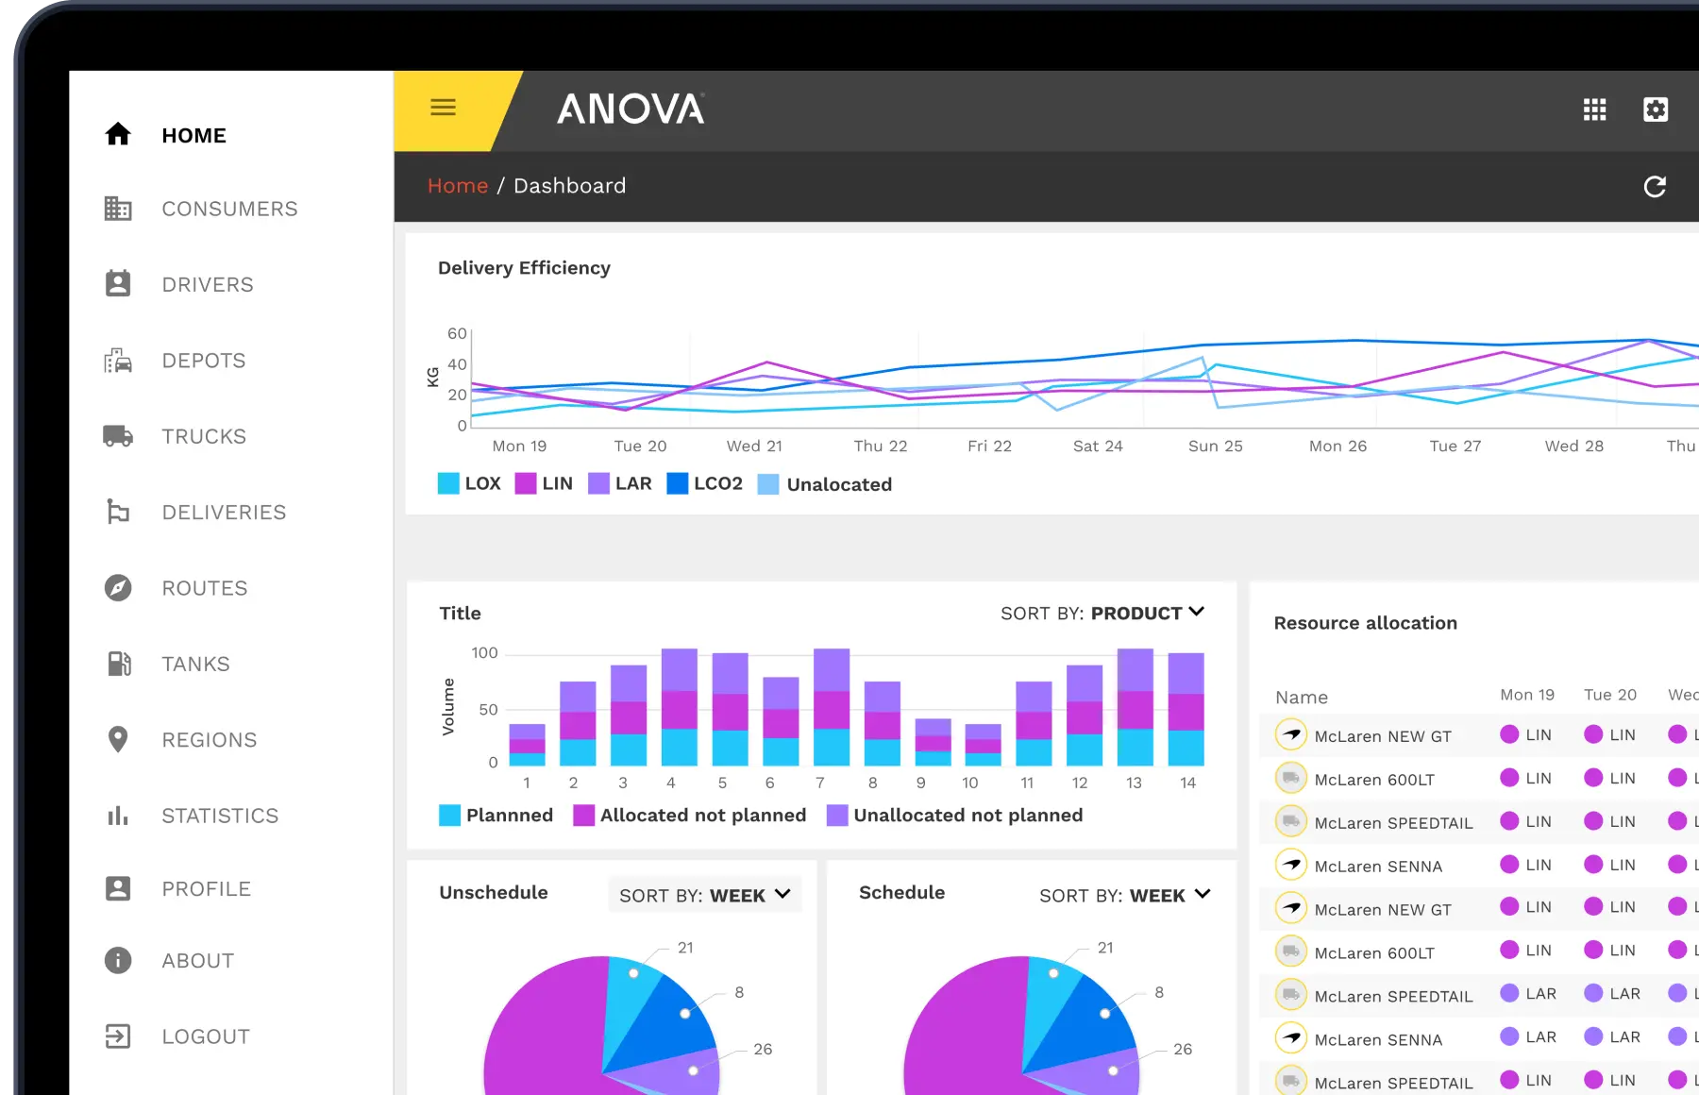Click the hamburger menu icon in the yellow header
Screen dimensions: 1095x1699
443,108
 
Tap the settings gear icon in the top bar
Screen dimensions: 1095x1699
1656,109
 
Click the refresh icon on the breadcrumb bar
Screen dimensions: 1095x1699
1655,187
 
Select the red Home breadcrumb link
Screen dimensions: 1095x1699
458,186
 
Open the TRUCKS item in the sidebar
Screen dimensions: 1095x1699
203,436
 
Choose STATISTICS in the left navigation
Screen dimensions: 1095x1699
219,816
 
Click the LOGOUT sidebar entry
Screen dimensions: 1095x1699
205,1036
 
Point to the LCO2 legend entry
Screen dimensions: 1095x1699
705,484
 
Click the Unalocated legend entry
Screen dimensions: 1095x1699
825,484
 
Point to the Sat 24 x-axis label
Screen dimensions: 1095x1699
1098,446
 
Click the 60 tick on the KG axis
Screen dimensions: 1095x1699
457,333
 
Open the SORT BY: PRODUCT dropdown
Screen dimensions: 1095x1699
1102,614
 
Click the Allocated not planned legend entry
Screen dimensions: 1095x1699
690,815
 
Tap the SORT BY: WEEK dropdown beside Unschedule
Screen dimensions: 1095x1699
704,895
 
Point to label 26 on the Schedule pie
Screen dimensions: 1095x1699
1183,1049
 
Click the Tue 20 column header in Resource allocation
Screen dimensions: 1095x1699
1609,695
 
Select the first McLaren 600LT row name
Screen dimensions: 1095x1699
1373,780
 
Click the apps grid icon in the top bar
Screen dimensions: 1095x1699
1594,109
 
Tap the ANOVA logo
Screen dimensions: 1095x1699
631,109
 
